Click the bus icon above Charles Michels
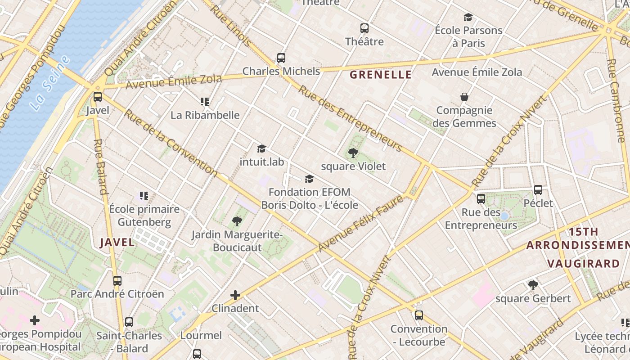pos(281,58)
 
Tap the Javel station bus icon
pos(98,97)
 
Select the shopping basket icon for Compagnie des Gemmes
pos(464,97)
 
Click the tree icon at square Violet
pos(353,153)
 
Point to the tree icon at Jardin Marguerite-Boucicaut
pos(237,221)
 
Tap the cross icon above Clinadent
pos(235,295)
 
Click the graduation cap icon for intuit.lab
pos(261,148)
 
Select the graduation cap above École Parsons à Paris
pos(468,18)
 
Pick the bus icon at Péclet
pos(538,190)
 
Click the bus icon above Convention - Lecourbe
pos(419,315)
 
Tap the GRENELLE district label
pos(381,75)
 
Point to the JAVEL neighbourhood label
pos(117,243)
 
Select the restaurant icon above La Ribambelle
pos(205,102)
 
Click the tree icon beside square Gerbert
pos(533,285)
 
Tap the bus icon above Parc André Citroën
pos(117,281)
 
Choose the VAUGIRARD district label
pos(584,264)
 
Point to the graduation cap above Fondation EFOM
pos(309,179)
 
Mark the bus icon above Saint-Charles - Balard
pos(129,322)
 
